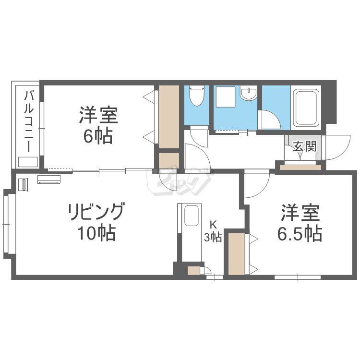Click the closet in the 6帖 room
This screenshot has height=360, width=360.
168,117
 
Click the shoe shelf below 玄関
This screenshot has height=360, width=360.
300,168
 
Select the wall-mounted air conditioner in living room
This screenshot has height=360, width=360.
49,180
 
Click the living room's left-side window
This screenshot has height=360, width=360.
7,224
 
